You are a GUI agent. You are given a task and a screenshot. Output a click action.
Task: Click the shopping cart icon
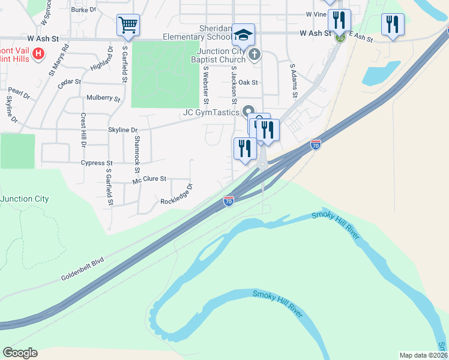(x=128, y=25)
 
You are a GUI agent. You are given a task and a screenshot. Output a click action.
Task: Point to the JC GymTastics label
(x=212, y=112)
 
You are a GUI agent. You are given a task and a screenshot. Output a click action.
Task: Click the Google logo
(x=20, y=353)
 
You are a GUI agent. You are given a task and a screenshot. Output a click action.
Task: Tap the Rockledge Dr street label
(x=176, y=194)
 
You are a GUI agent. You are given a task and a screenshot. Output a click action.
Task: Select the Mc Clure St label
(x=149, y=179)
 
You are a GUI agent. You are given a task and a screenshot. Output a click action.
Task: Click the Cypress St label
(x=97, y=163)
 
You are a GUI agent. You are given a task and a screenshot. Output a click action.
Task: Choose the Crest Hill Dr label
(x=83, y=130)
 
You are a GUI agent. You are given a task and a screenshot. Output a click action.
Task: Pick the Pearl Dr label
(x=19, y=94)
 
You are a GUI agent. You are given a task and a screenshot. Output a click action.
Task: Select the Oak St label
(x=248, y=83)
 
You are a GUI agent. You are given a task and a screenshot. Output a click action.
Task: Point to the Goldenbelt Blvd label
(x=82, y=269)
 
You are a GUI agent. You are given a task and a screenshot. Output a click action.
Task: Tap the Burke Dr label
(x=83, y=10)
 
